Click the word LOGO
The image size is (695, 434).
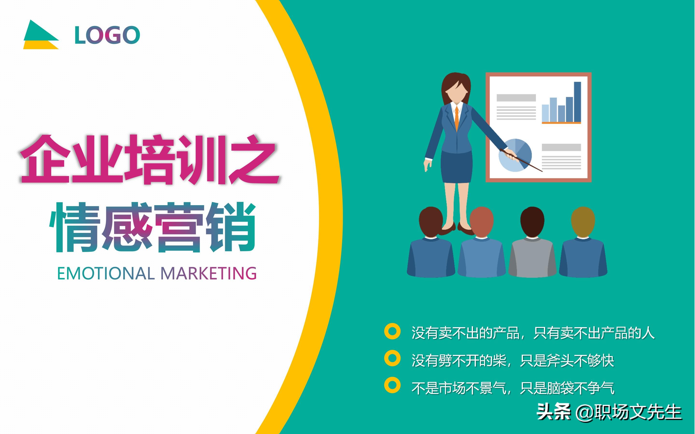107,35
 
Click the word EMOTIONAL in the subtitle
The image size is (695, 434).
106,273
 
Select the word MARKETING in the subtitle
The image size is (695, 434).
208,273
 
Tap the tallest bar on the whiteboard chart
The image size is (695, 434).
577,102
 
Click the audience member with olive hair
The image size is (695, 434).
583,244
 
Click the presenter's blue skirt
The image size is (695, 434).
457,166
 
